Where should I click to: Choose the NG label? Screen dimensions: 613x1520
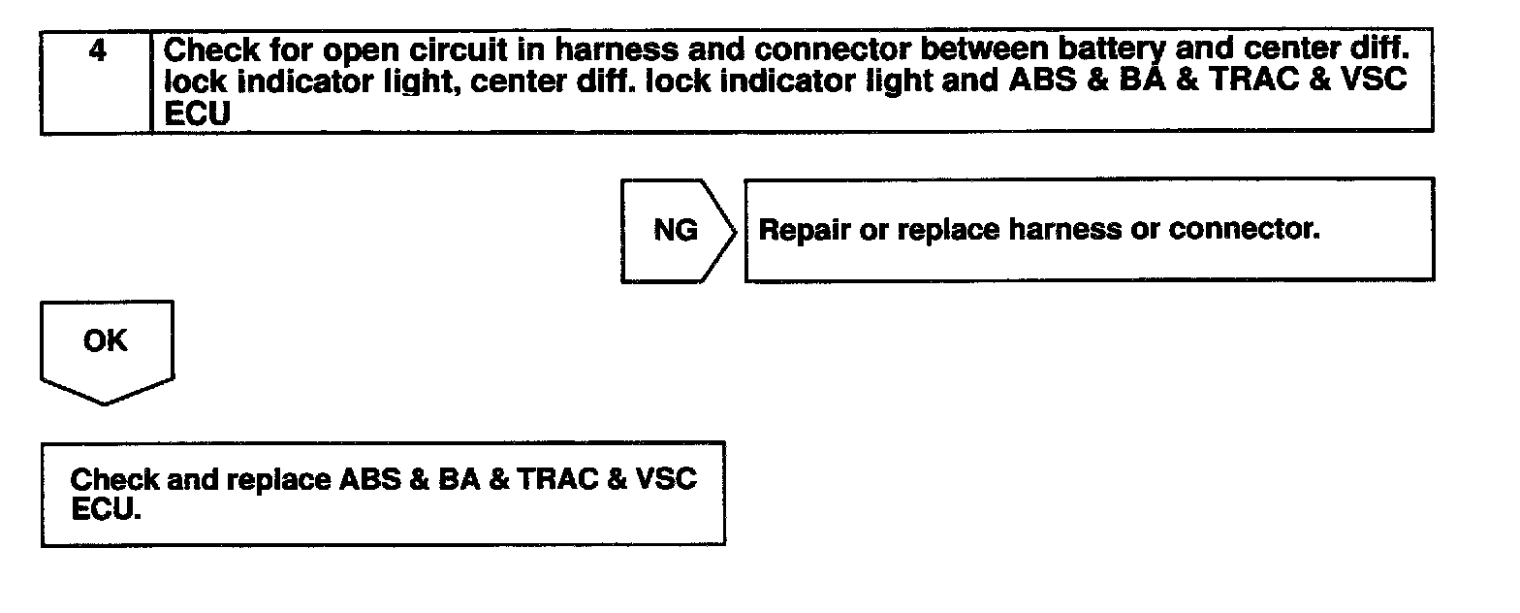pyautogui.click(x=675, y=231)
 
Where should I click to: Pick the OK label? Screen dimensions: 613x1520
pyautogui.click(x=106, y=341)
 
